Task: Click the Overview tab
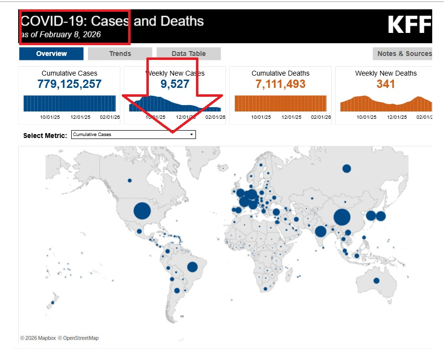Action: [52, 54]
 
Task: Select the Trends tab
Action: [120, 54]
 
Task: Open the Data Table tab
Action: [189, 54]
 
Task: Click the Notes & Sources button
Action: [404, 54]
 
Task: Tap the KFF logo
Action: [409, 25]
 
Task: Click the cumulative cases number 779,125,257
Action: [69, 84]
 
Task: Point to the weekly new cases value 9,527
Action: [175, 84]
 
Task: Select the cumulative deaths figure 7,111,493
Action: [280, 84]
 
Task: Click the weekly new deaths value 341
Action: [386, 84]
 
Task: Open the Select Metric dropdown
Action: [133, 135]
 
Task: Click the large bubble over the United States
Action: [141, 211]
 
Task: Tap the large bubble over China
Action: [342, 217]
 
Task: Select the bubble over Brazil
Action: [192, 267]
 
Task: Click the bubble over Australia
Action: [376, 281]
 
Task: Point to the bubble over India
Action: [321, 231]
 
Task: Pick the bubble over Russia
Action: [346, 168]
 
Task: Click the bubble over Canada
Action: [130, 180]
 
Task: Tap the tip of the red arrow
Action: [172, 132]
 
